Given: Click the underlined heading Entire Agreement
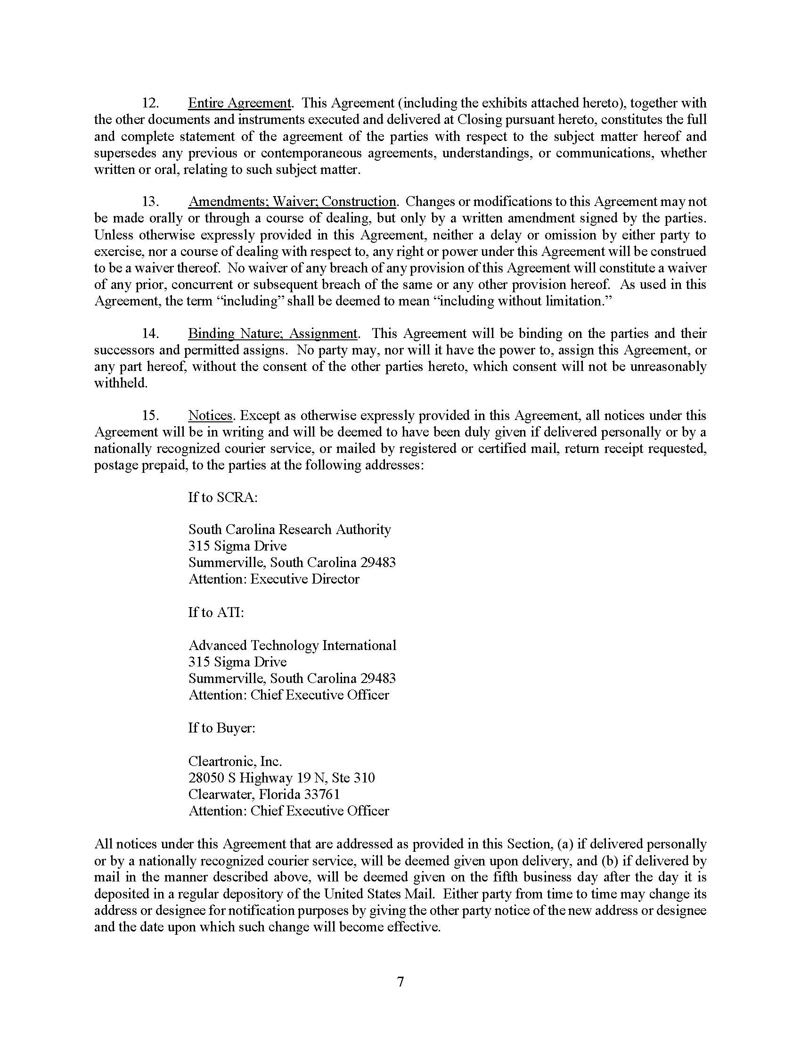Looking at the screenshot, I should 240,103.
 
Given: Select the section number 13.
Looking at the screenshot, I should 150,201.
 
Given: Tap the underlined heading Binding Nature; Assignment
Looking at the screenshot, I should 273,333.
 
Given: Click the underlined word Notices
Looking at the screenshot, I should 210,415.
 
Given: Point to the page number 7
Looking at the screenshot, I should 400,981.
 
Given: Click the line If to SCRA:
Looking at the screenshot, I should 223,497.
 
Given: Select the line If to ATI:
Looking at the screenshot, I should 216,612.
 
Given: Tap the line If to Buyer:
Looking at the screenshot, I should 221,728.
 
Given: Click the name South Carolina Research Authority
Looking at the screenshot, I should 289,529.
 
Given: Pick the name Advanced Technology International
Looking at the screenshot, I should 292,645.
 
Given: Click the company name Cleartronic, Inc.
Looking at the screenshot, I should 235,761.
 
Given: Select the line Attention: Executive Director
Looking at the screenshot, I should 274,579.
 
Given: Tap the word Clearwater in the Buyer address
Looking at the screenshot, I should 221,794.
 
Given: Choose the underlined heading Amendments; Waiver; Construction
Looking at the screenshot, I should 292,201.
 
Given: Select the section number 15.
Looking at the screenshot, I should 150,415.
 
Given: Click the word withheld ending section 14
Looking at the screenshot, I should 121,383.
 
